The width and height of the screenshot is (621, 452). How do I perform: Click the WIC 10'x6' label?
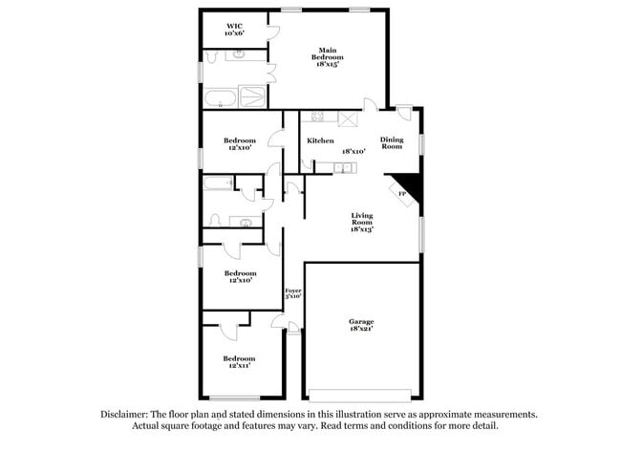tap(234, 29)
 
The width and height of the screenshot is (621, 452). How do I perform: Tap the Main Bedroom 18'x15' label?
tap(328, 57)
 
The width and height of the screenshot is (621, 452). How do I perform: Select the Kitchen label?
tap(320, 141)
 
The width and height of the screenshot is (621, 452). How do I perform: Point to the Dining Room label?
tap(391, 142)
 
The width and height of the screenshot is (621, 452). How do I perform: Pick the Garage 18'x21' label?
tap(360, 325)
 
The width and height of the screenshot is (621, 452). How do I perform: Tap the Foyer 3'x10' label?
tap(292, 292)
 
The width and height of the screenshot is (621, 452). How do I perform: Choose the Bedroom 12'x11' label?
tap(239, 362)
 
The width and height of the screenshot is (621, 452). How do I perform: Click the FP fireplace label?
tap(401, 194)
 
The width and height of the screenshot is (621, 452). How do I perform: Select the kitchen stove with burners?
tap(317, 118)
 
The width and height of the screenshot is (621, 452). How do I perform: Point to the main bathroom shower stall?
tap(253, 97)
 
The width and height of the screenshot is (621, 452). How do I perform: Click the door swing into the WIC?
tap(273, 31)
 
